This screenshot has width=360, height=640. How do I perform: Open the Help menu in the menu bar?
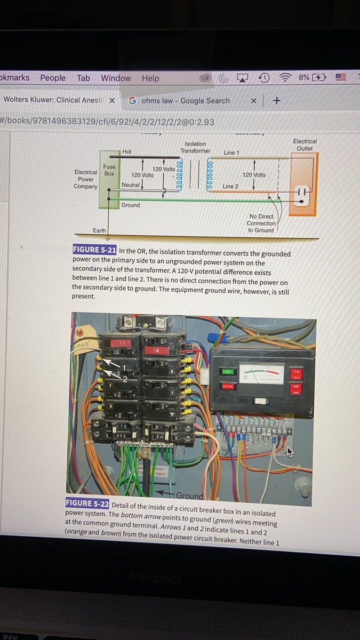click(150, 78)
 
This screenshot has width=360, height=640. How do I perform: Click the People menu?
click(53, 78)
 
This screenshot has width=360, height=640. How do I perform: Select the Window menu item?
click(116, 78)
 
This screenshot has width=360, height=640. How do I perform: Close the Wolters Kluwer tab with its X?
click(112, 101)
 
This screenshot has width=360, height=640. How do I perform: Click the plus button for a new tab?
click(276, 100)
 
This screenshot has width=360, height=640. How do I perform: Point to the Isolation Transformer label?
click(195, 147)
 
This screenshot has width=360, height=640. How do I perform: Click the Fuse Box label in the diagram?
click(109, 170)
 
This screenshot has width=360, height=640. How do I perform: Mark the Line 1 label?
click(231, 153)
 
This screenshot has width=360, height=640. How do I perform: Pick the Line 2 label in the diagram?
click(230, 186)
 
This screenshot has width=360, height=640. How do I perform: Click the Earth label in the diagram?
click(99, 230)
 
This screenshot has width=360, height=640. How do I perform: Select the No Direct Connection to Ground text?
click(261, 223)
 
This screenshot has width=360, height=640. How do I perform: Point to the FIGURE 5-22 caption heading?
click(87, 503)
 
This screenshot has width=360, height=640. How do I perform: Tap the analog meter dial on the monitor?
click(261, 373)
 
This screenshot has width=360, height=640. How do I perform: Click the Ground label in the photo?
click(189, 495)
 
